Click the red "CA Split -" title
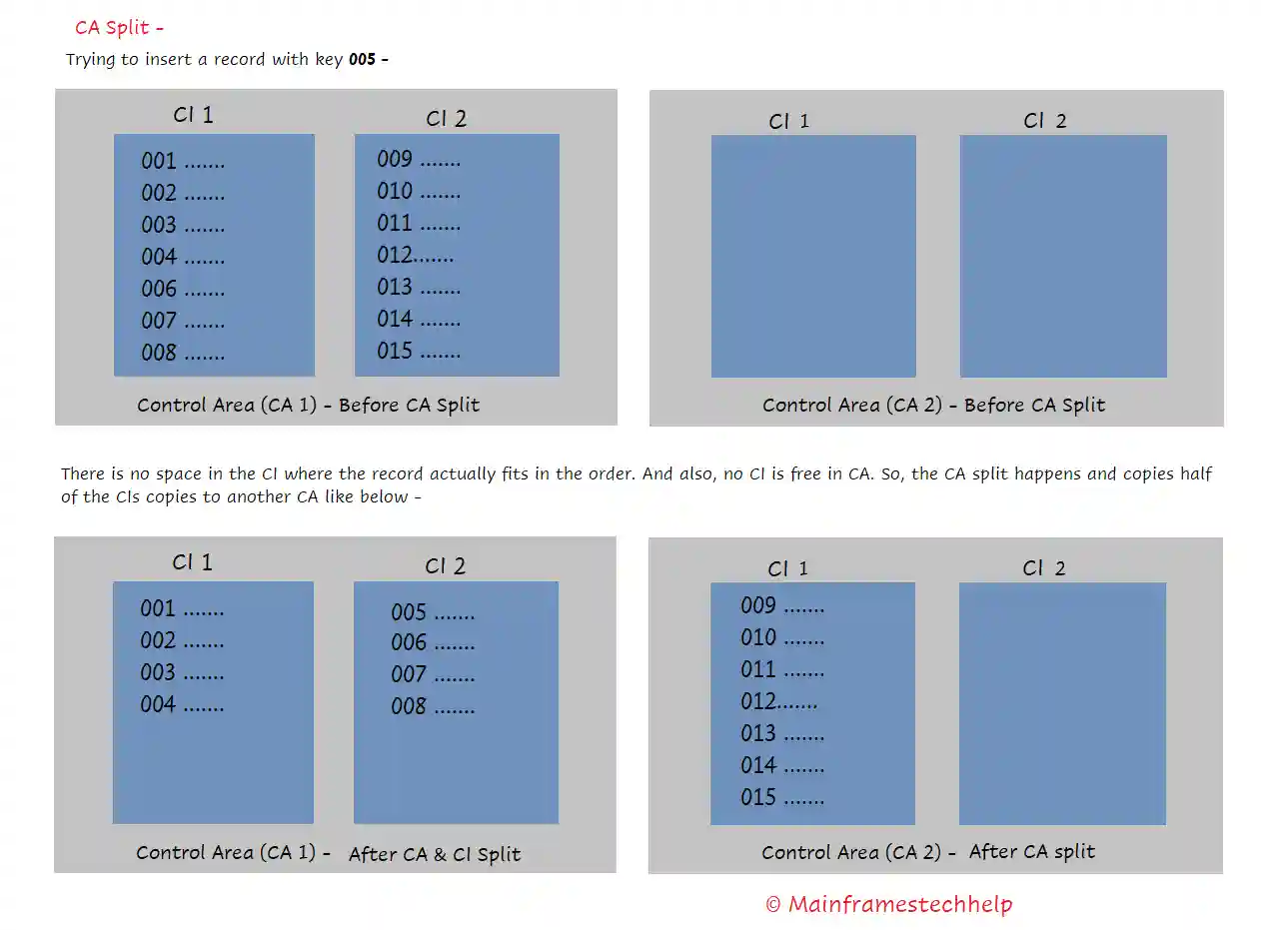coord(119,28)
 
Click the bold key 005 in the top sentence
coord(362,60)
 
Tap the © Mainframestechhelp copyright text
coord(888,905)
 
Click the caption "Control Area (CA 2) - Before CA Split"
coord(933,406)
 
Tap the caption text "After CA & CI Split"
coord(435,855)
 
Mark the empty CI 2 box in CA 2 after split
coord(1062,703)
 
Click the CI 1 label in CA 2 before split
coord(788,122)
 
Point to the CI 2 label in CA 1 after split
coord(445,566)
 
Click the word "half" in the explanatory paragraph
coord(1195,474)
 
